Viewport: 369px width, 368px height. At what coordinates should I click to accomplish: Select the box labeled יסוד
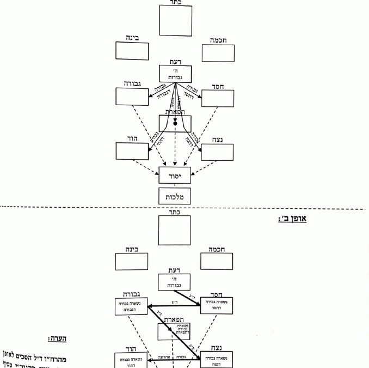[175, 175]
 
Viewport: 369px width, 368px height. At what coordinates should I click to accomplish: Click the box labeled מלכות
[175, 196]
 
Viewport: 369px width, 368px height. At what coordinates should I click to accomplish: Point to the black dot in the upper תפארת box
[175, 124]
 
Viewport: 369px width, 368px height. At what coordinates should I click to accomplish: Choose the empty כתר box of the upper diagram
[175, 21]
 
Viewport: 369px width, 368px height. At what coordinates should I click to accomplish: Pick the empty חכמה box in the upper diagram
[218, 53]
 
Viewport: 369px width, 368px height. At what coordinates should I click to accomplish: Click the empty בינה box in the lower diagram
[132, 261]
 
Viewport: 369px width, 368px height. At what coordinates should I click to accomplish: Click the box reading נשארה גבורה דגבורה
[131, 306]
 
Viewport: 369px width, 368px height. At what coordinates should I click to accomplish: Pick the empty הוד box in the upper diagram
[132, 150]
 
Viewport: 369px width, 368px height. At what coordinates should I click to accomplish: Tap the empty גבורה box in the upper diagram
[132, 96]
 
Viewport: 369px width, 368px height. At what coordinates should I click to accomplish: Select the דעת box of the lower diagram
[175, 282]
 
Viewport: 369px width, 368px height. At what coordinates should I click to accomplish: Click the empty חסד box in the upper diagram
[218, 98]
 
